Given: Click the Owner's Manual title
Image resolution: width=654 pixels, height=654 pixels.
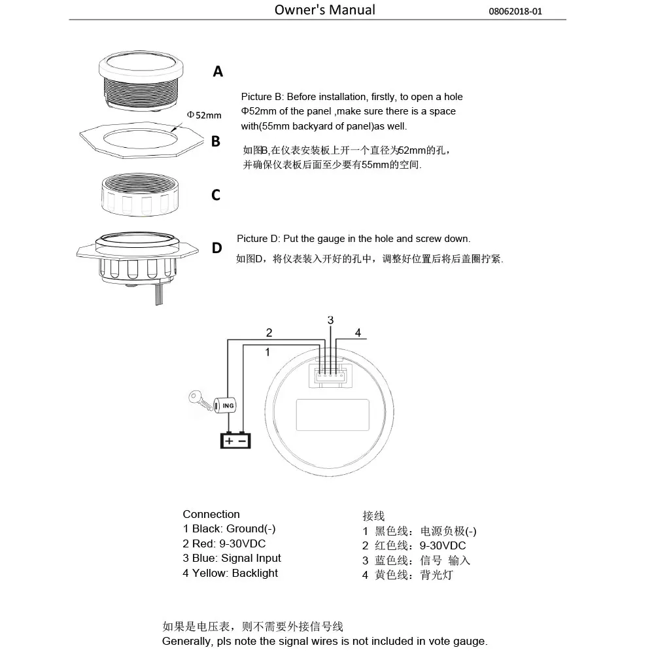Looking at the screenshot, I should [324, 10].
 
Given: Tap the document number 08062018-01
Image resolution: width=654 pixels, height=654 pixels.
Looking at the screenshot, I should [515, 12].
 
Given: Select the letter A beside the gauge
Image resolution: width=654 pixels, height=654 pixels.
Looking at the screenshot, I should [218, 72].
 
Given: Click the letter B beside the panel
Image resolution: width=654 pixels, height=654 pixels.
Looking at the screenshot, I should [216, 141].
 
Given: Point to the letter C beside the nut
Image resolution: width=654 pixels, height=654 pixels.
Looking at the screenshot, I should [216, 195].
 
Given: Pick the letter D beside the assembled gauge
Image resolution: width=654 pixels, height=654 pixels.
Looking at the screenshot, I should [216, 249].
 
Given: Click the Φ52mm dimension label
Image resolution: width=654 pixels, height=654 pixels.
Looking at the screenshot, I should [204, 115].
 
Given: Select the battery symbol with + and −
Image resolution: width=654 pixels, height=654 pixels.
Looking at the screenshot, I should [235, 440].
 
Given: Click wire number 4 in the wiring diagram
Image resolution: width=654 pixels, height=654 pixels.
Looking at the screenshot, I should [358, 332].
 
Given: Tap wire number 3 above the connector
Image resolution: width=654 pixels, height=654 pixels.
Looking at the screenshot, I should [330, 320].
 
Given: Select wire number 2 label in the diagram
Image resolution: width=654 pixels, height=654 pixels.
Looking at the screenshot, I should [269, 332].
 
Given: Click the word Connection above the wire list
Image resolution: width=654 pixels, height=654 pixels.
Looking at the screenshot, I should [211, 514].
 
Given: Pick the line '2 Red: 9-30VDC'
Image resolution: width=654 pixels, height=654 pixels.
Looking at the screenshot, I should [224, 543].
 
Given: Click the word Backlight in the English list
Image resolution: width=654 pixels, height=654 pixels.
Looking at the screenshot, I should [254, 573].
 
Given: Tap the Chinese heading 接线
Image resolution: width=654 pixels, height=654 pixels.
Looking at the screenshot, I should [373, 516].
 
